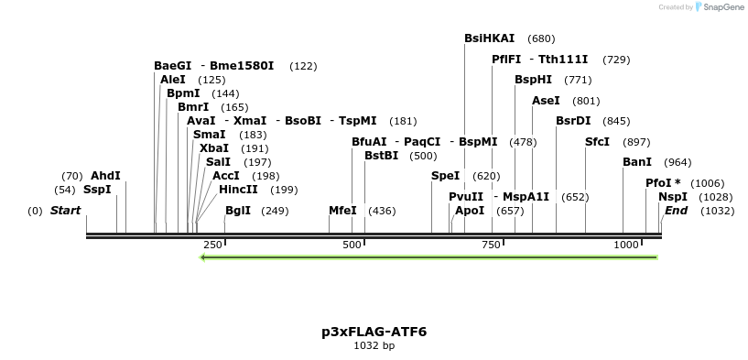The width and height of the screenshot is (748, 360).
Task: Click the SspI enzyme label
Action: click(96, 190)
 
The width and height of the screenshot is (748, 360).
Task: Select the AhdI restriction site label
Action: click(105, 176)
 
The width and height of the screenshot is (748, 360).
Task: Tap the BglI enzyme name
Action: click(237, 211)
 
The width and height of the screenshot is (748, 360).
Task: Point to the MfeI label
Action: click(342, 211)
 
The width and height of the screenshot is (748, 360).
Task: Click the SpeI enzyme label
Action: click(445, 176)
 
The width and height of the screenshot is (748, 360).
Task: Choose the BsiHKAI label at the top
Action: click(489, 38)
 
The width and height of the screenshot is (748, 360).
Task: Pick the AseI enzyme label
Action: click(546, 101)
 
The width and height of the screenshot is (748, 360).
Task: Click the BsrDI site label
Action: click(573, 121)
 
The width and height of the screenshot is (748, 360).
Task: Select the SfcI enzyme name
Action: click(597, 142)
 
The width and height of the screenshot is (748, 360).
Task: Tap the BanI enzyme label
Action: click(636, 162)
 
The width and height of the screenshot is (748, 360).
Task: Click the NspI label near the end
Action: click(672, 197)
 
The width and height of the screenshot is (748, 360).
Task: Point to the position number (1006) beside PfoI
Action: click(707, 183)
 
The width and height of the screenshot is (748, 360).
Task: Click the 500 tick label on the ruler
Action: click(352, 245)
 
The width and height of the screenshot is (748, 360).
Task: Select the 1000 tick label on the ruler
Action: click(626, 245)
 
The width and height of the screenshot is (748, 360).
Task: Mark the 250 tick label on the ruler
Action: click(212, 245)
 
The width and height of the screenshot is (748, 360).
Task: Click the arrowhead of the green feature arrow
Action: click(203, 257)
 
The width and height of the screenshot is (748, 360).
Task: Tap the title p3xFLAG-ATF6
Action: click(374, 332)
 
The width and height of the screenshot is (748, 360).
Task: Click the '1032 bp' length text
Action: click(374, 346)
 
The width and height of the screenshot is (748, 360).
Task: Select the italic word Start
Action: click(65, 211)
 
